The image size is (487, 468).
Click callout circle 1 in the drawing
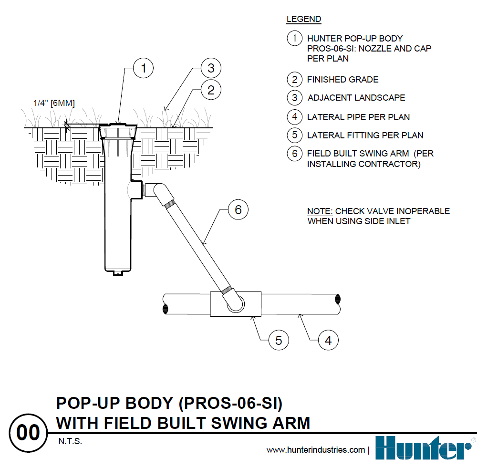143,69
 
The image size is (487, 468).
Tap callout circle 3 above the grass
210,68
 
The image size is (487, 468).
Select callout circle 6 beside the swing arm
238,210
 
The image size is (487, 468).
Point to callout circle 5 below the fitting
279,340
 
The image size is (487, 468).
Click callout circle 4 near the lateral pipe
328,341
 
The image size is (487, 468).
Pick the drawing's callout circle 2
210,89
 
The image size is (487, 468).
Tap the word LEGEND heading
303,20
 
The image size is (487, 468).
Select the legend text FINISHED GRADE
342,80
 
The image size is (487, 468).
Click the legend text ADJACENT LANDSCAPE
356,98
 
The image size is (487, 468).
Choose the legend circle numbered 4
295,117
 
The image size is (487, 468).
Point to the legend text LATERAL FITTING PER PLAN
365,135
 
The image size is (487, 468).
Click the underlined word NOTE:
320,211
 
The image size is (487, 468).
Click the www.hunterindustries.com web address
316,450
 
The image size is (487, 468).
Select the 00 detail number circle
29,433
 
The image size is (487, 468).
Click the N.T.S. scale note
70,442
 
